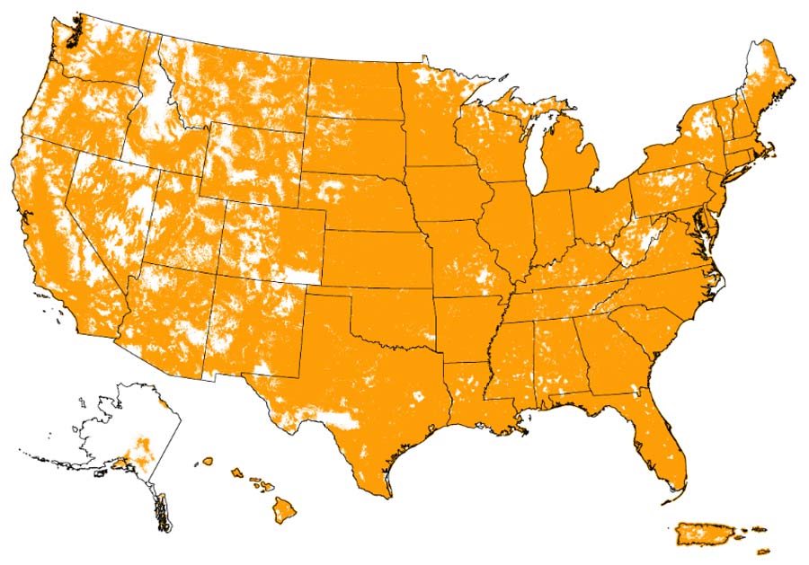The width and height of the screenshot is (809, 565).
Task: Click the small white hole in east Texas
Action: point(417,395)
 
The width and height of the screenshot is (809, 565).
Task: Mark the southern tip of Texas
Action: point(387,495)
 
